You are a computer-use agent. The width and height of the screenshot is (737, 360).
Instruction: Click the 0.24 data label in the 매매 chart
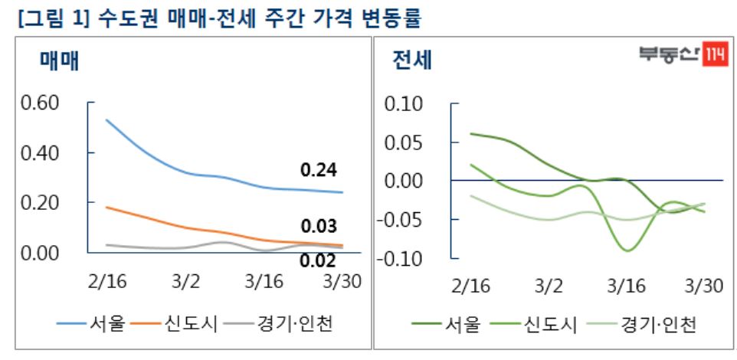point(319,170)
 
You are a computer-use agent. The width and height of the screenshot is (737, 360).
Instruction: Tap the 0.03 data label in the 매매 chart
point(319,227)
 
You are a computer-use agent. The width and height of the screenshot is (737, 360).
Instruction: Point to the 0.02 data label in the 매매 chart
point(318,260)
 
